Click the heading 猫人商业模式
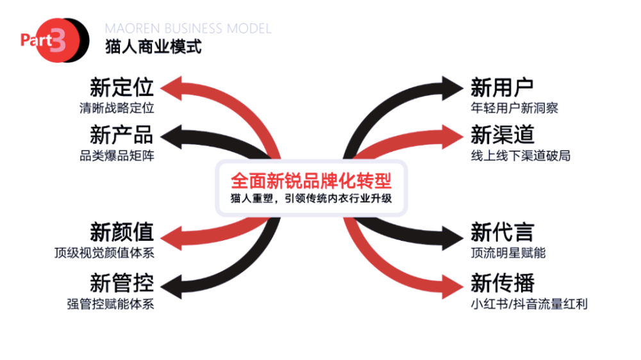pos(153,47)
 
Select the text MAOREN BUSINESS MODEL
pos(188,29)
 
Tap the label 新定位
pos(122,87)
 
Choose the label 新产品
pos(122,135)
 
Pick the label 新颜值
pos(122,232)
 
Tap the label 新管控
pos(122,282)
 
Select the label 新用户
pos(502,87)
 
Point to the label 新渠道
pos(502,135)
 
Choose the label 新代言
pos(502,232)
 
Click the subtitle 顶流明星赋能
pos(508,252)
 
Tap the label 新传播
pos(502,282)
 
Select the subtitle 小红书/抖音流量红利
pos(529,303)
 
